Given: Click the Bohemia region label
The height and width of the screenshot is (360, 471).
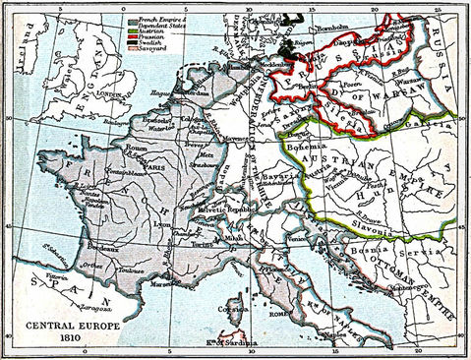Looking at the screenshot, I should click(x=325, y=147).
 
